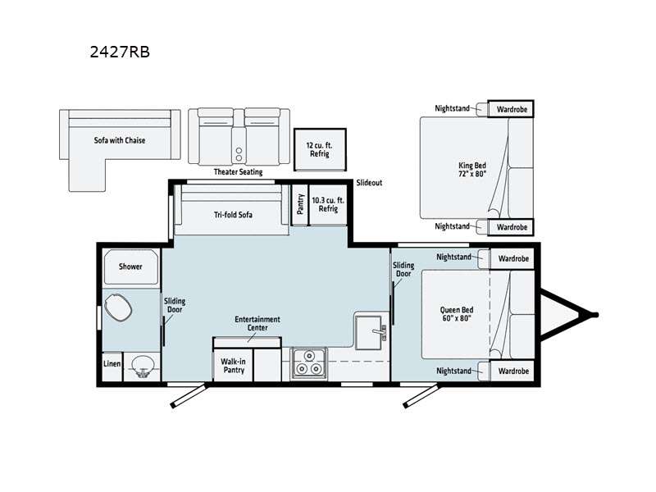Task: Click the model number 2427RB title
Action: (x=119, y=52)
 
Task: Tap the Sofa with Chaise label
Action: (x=119, y=140)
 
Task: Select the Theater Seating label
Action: (x=237, y=172)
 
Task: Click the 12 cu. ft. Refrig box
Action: (x=319, y=149)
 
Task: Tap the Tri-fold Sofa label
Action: (x=233, y=215)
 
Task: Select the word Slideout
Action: (x=369, y=183)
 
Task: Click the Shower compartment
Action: (x=130, y=266)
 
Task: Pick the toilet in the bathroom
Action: (x=118, y=310)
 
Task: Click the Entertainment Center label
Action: (x=257, y=323)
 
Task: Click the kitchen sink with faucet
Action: (x=371, y=330)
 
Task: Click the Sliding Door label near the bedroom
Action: (x=403, y=271)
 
